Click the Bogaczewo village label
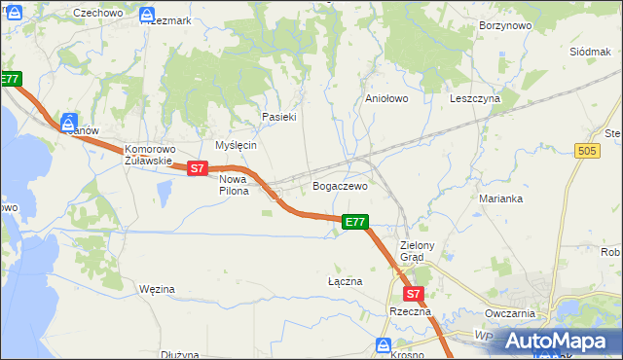pos(339,186)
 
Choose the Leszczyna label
pos(474,98)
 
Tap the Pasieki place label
pos(278,117)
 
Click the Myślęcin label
pos(235,145)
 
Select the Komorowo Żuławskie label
pos(148,156)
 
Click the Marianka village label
pos(501,198)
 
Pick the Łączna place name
pos(345,281)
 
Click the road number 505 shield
pos(586,151)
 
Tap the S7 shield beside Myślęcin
pos(198,168)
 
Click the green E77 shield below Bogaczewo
pos(355,222)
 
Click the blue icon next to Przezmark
pos(146,16)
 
